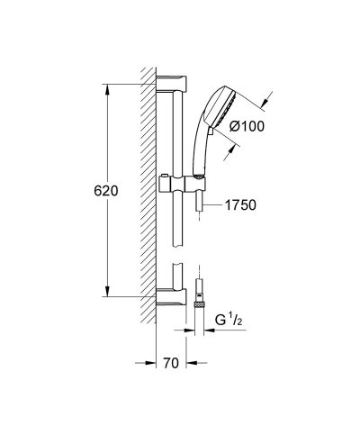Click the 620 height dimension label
tap(106, 191)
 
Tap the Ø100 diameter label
tap(247, 126)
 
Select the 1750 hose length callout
tap(240, 205)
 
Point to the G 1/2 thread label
tap(229, 321)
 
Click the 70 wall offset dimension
tap(171, 363)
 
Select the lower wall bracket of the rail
tap(172, 296)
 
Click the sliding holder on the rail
tap(182, 184)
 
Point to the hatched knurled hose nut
tap(199, 305)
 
